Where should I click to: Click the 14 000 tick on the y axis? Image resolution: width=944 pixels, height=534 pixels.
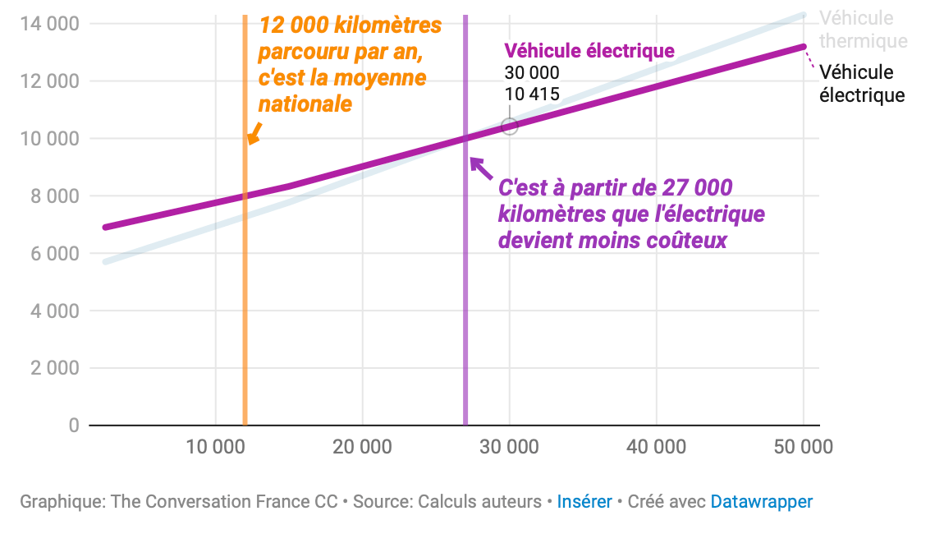tap(49, 24)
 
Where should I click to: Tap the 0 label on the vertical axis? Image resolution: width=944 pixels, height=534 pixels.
tap(74, 426)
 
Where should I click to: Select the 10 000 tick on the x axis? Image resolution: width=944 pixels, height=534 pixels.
tap(214, 447)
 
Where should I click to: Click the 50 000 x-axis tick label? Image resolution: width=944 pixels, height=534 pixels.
tap(803, 447)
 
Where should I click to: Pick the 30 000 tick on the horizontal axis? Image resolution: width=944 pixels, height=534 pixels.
tap(509, 447)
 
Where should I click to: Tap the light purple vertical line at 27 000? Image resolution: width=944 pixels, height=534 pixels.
tap(465, 312)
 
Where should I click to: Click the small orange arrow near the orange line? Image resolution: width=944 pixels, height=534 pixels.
tap(254, 133)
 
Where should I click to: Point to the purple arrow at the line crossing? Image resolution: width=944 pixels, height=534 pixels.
tap(480, 167)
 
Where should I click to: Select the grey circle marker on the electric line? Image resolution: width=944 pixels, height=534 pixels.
tap(510, 126)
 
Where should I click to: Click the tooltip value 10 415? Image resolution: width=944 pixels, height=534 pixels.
tap(532, 94)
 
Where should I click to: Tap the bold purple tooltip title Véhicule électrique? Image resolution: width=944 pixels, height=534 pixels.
tap(589, 51)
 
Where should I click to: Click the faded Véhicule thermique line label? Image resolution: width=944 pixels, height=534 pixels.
tap(863, 30)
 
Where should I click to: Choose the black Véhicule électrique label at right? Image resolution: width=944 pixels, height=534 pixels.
tap(862, 84)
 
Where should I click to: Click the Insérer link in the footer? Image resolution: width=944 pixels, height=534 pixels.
tap(584, 501)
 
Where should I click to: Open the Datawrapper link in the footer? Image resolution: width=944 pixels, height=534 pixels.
tap(761, 501)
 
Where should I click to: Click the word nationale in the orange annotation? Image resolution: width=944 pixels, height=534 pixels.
tap(305, 104)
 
